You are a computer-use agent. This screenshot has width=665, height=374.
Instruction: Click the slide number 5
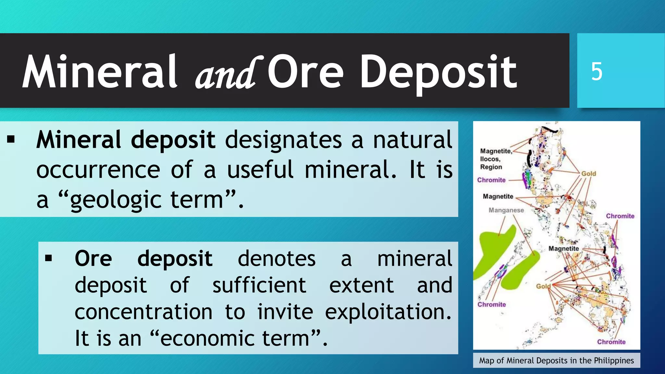[596, 71]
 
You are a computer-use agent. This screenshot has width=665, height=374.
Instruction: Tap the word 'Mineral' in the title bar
[99, 71]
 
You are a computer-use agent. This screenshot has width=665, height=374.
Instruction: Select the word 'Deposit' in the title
[438, 72]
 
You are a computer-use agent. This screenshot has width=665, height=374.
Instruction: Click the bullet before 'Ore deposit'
[49, 258]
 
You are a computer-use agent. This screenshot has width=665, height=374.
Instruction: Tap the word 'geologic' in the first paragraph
[116, 200]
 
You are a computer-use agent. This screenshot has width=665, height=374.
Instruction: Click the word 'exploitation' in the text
[388, 312]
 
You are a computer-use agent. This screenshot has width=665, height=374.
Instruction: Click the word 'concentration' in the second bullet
[144, 312]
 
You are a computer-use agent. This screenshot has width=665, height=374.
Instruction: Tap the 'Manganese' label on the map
[506, 210]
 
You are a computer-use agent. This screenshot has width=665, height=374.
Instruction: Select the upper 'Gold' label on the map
[588, 174]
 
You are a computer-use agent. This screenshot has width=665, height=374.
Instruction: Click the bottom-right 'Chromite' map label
[611, 342]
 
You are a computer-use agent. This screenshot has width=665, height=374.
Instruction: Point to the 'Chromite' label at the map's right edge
[620, 216]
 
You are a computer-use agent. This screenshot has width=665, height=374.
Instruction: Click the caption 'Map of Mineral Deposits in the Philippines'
[556, 361]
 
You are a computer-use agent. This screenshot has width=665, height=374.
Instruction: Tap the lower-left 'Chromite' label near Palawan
[492, 305]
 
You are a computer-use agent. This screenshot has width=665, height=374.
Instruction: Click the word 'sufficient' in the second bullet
[259, 285]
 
